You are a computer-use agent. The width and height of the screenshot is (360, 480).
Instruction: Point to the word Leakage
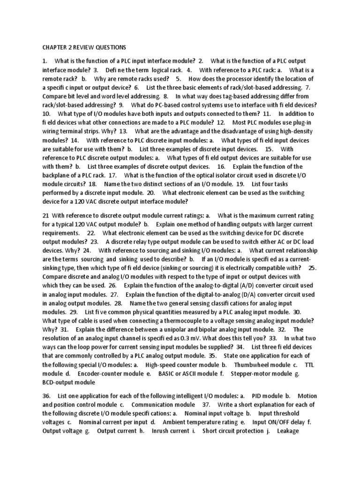(288, 431)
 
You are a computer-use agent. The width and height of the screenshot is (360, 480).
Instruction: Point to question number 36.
(47, 396)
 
